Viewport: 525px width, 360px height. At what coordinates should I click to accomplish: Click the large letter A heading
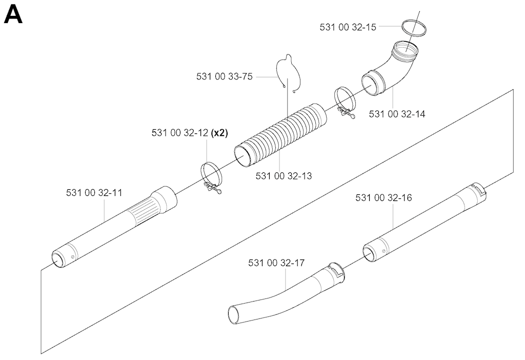(13, 15)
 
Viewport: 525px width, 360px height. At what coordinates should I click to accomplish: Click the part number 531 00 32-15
(348, 27)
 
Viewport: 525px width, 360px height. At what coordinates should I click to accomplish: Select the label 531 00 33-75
(225, 77)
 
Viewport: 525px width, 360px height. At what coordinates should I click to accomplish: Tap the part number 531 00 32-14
(397, 114)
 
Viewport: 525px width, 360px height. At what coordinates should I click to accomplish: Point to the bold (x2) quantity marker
(219, 133)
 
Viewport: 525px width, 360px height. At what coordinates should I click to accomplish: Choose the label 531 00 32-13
(284, 176)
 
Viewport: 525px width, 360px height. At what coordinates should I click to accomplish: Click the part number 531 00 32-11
(94, 193)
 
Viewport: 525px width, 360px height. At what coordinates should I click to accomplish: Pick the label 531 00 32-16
(383, 198)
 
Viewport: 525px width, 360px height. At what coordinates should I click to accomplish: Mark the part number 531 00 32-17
(276, 263)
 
